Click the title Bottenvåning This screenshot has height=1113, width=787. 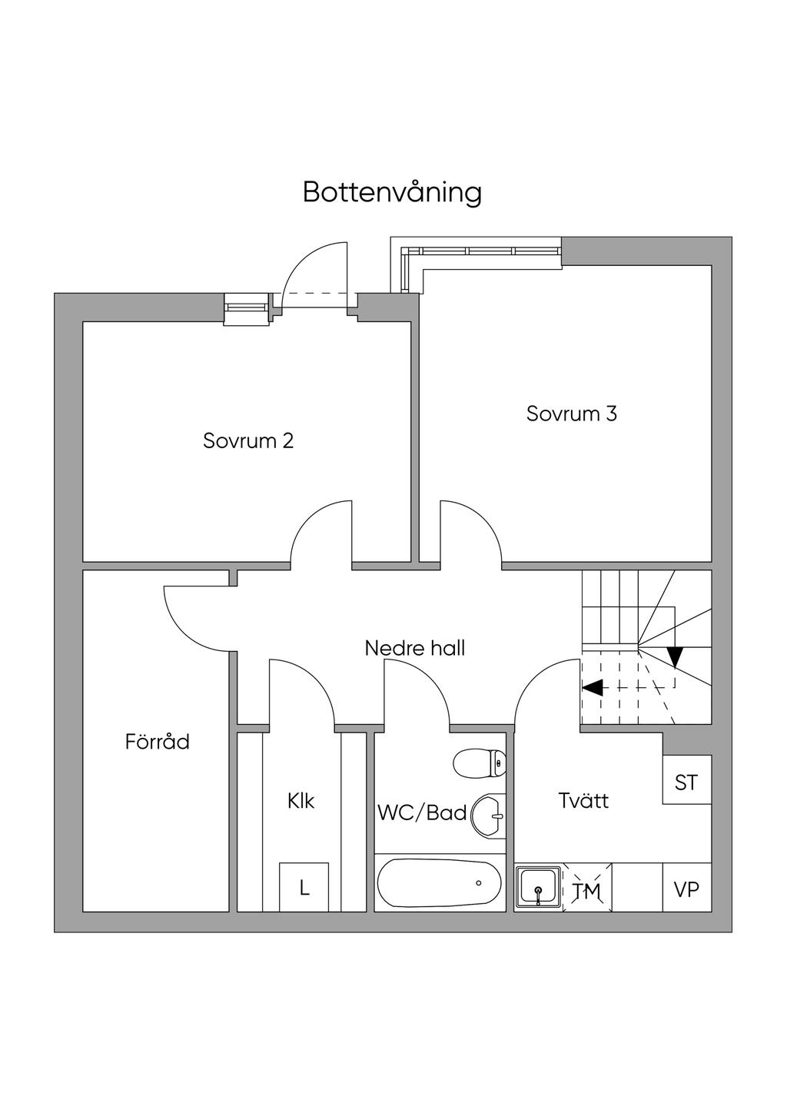click(x=392, y=192)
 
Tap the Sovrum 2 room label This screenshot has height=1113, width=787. click(x=248, y=441)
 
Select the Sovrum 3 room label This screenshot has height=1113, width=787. click(x=571, y=414)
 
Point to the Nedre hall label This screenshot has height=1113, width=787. click(x=415, y=648)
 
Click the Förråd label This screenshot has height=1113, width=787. click(x=158, y=742)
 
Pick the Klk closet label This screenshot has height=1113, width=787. click(x=301, y=801)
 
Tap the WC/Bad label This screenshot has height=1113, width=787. click(x=422, y=812)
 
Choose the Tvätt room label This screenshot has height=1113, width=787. click(x=583, y=801)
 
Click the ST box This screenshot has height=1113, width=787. click(x=686, y=782)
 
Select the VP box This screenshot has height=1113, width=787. click(x=686, y=889)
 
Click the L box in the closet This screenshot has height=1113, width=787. click(x=304, y=889)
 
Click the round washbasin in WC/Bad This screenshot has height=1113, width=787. click(x=489, y=815)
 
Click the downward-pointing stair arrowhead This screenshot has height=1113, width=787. click(x=675, y=656)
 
